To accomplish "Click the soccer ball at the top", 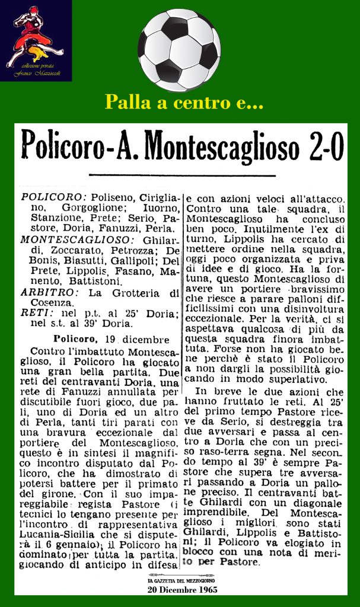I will [179, 50].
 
